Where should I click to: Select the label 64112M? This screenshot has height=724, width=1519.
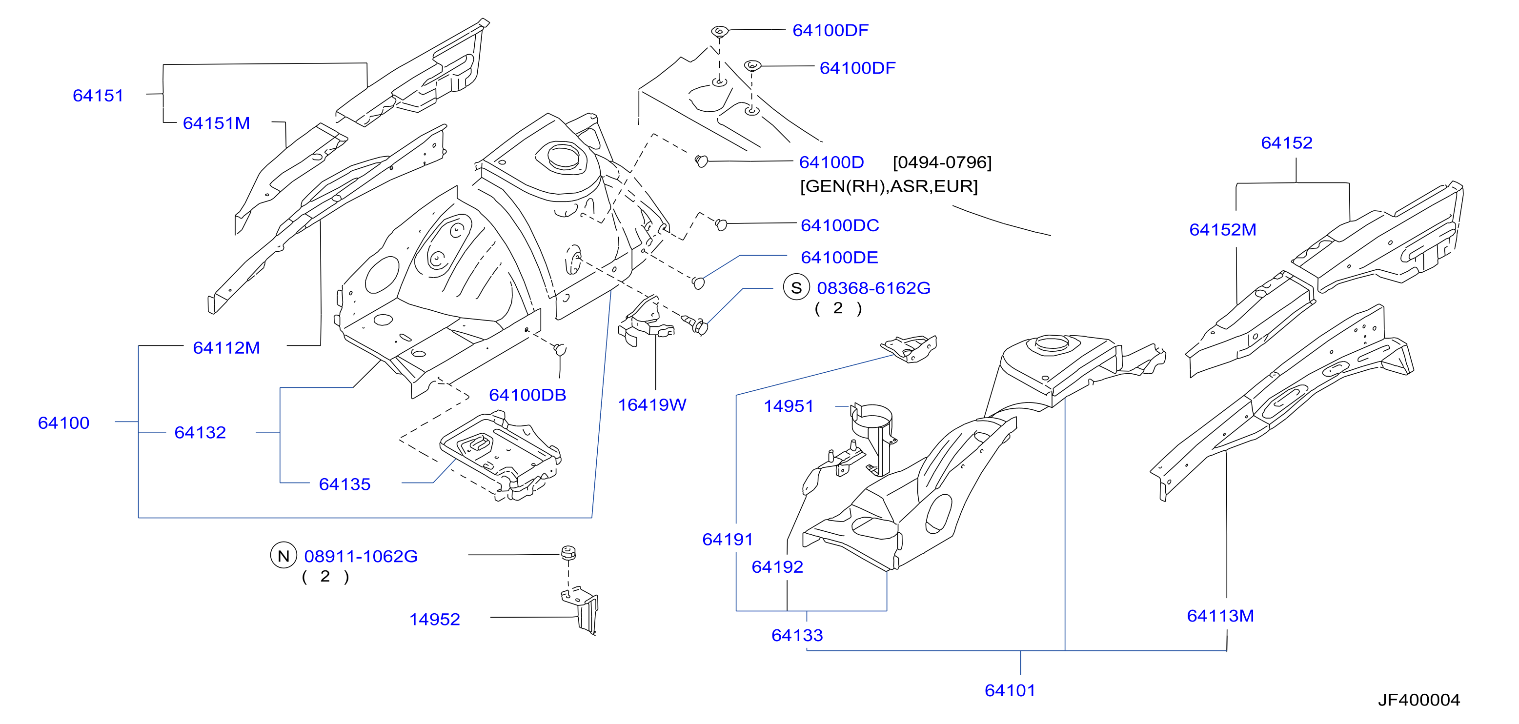coord(226,348)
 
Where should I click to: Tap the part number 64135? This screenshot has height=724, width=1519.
coord(344,484)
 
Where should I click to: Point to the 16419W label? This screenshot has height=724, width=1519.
coord(651,405)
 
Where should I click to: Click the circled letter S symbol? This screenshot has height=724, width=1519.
coord(796,288)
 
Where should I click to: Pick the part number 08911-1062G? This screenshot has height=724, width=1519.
coord(361,556)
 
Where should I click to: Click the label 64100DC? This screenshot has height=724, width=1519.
coord(840,225)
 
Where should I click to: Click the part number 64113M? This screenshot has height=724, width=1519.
coord(1220,616)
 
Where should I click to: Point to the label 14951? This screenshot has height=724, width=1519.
coord(789,406)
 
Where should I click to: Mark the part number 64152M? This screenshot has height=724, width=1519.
coord(1222,230)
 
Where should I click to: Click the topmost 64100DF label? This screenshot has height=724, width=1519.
coord(830,31)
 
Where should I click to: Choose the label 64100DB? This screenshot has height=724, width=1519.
coord(527,395)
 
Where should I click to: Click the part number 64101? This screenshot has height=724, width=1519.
coord(1010,690)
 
